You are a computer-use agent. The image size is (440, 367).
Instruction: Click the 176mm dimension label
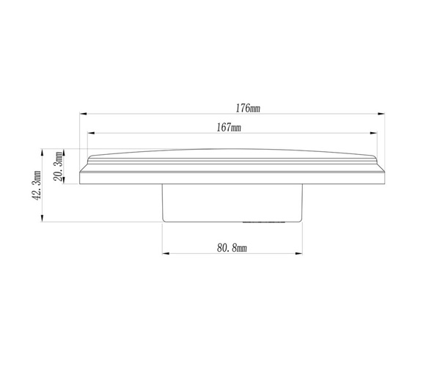[247, 108]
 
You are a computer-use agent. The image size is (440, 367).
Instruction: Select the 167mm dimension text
[230, 128]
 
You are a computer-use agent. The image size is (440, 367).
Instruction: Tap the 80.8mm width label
[232, 250]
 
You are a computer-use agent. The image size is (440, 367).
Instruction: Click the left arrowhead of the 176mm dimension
[82, 114]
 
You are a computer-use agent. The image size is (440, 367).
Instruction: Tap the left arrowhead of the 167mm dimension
[91, 133]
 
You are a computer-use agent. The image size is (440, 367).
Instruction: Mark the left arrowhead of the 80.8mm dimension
[165, 254]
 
